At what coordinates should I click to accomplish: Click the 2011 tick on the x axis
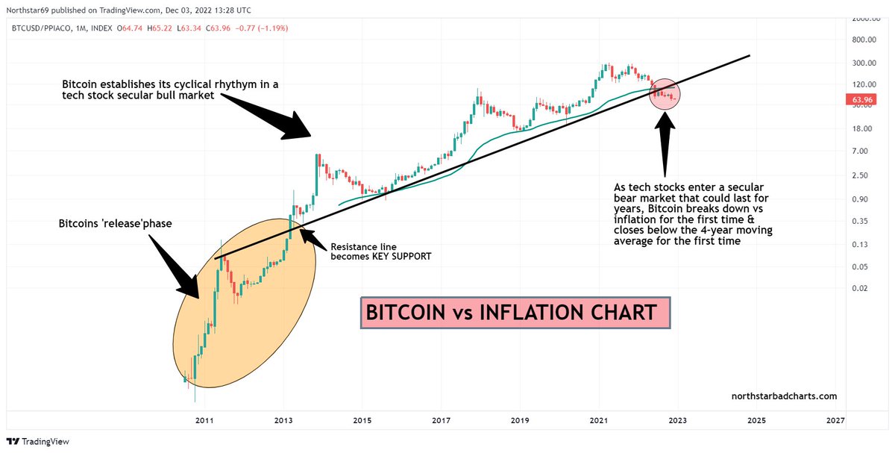click(x=205, y=421)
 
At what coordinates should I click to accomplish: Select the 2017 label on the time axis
click(x=442, y=421)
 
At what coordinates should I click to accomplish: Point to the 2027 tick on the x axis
click(x=835, y=421)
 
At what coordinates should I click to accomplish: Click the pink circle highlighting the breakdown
click(x=665, y=93)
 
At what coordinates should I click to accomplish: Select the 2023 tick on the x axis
click(x=678, y=421)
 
